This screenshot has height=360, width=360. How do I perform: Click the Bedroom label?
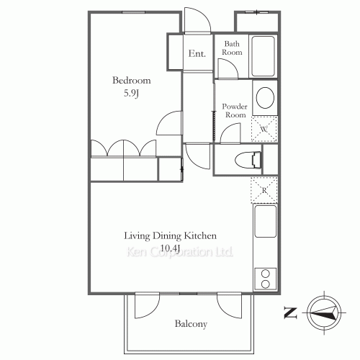132,80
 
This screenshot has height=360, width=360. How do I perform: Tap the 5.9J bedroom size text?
131,93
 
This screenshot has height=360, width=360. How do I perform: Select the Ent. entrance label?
197,53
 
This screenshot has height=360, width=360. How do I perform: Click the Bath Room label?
232,48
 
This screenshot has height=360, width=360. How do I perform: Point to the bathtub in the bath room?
263,56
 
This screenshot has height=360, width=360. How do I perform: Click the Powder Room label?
235,111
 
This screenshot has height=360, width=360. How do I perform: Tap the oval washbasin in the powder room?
265,98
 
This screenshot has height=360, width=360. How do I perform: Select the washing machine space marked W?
264,129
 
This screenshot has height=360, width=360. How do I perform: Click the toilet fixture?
248,160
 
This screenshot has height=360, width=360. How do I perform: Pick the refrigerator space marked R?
264,190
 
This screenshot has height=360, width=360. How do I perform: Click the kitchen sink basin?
266,221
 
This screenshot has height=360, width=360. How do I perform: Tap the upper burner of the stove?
266,274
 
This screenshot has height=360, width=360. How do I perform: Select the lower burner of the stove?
266,284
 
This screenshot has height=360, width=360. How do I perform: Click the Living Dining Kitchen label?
170,236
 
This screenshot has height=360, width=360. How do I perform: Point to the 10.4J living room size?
170,248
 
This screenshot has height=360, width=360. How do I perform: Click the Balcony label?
191,324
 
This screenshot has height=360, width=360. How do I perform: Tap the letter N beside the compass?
291,313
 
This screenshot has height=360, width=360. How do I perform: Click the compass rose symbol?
324,313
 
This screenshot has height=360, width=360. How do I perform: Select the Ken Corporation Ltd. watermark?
180,252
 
